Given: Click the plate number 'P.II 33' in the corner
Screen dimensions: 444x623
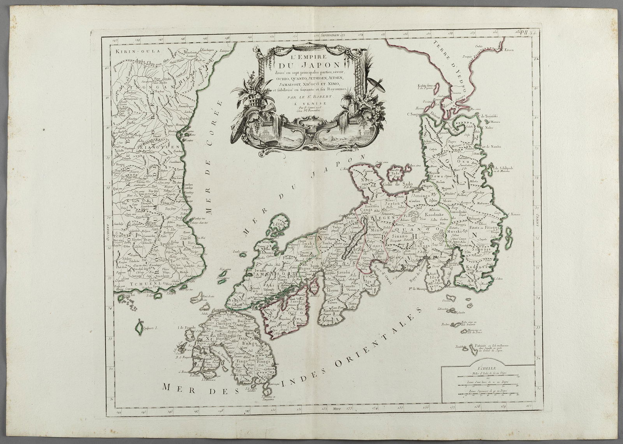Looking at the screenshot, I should click(529, 33).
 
